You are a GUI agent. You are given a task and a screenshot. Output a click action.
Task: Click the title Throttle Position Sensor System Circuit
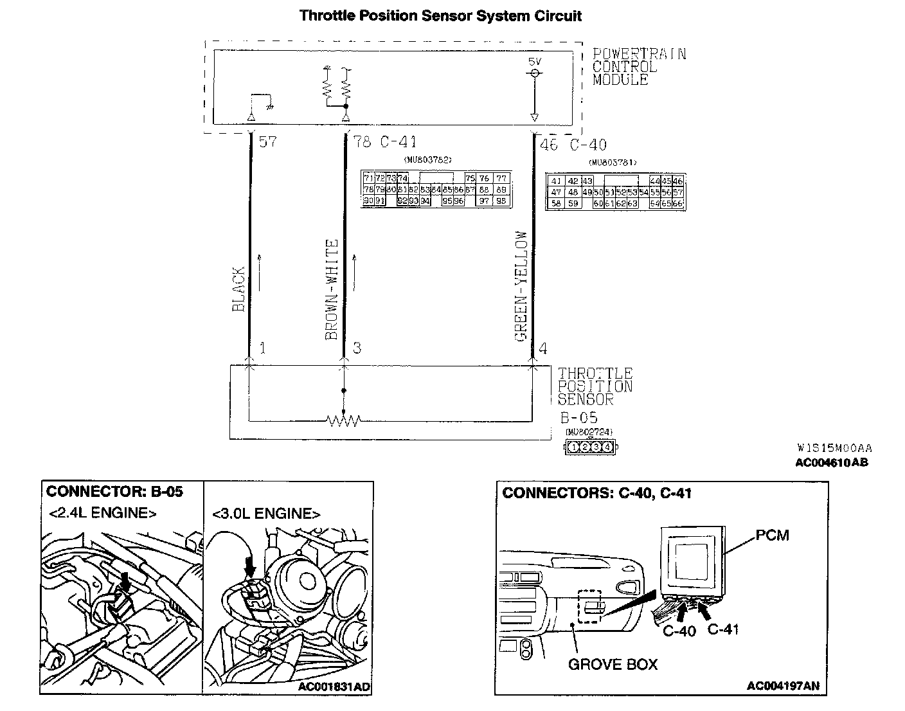[x=440, y=16]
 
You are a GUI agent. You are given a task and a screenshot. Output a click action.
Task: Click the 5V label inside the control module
[x=534, y=62]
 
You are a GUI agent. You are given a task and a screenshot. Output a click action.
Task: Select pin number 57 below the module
[x=267, y=141]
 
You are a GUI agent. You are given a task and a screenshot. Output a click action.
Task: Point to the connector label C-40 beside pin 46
[x=588, y=145]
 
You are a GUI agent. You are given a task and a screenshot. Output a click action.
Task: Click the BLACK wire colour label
[x=238, y=289]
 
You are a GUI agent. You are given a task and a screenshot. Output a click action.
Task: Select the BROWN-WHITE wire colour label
[x=332, y=289]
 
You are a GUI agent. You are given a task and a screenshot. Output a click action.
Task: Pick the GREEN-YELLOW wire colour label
[x=521, y=286]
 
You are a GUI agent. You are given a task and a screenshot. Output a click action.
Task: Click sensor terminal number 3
[x=357, y=348]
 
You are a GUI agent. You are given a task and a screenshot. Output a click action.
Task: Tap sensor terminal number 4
[x=543, y=348]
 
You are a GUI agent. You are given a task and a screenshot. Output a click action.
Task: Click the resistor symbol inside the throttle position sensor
[x=344, y=421]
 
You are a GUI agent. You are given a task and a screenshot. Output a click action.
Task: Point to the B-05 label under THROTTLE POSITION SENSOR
[x=578, y=417]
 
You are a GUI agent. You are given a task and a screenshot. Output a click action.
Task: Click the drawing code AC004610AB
[x=831, y=462]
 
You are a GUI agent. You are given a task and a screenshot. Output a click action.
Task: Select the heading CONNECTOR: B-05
[x=114, y=492]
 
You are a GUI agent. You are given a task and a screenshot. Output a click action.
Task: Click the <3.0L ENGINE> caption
[x=266, y=514]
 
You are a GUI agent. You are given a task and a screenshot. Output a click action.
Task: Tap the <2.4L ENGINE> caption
[x=102, y=513]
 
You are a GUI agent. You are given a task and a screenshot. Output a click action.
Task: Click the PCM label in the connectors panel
[x=773, y=535]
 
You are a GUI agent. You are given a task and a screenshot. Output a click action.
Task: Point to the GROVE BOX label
[x=613, y=664]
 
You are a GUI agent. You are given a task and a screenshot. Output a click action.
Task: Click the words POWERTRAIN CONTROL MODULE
[x=638, y=67]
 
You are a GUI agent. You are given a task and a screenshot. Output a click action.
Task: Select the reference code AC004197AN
[x=783, y=686]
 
